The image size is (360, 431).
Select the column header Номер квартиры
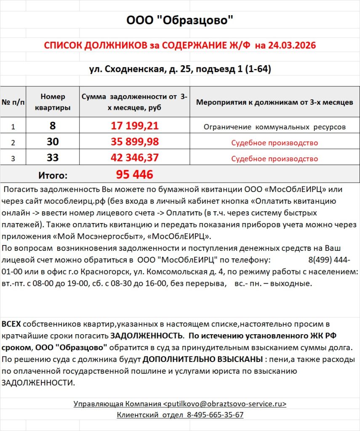[x=53, y=102]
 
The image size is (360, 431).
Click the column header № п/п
[x=13, y=102]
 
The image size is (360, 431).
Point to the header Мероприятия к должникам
[x=275, y=102]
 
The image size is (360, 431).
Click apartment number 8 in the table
[x=53, y=126]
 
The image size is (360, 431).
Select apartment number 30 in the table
[x=53, y=142]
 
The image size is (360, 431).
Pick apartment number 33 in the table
[x=53, y=158]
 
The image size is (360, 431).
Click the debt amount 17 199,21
[x=135, y=126]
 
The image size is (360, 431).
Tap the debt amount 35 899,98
[x=135, y=142]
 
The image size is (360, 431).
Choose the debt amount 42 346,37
[x=135, y=158]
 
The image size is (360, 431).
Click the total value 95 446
[x=135, y=174]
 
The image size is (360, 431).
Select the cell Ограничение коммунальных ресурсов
[x=275, y=126]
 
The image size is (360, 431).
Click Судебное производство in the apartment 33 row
[x=275, y=159]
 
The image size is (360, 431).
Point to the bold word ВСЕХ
[x=11, y=324]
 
